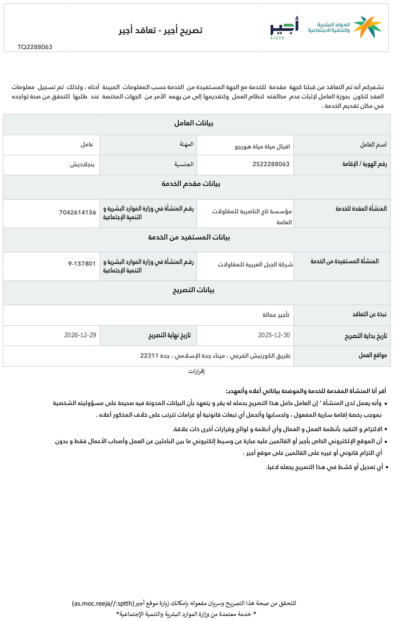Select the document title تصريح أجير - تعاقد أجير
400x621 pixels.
160,30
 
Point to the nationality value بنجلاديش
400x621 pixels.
82,164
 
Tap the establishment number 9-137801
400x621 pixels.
82,264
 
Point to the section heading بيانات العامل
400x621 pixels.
194,123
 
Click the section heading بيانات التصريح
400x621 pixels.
194,290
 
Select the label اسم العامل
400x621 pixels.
373,145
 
